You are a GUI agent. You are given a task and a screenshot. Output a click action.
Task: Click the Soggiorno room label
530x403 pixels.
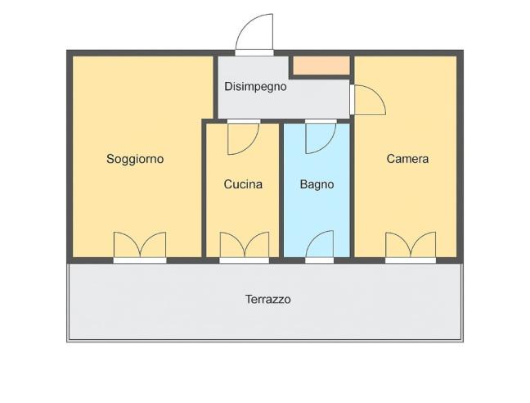(135, 159)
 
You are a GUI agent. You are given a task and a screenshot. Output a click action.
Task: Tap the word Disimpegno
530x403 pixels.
(255, 86)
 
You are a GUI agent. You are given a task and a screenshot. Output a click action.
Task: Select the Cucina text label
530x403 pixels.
(243, 184)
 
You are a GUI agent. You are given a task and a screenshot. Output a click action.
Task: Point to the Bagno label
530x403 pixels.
(317, 184)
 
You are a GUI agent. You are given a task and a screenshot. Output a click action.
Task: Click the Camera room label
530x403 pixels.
(407, 159)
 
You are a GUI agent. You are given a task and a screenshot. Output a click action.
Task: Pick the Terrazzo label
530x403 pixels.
(267, 300)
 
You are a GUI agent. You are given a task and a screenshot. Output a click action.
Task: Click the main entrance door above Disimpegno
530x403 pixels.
(254, 35)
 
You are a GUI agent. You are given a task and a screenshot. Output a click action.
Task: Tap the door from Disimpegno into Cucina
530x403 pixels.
(243, 137)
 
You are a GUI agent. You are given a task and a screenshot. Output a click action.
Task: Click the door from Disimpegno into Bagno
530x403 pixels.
(320, 137)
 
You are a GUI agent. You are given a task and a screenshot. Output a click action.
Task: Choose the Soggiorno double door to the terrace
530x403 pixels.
(140, 247)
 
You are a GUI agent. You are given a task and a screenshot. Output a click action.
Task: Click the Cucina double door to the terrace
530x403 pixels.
(244, 247)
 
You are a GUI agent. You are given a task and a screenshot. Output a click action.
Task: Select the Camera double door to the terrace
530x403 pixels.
(411, 247)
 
